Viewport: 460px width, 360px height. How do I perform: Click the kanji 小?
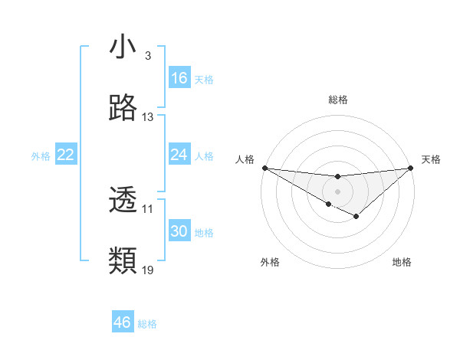(123, 47)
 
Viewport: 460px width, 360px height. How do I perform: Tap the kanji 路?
(123, 109)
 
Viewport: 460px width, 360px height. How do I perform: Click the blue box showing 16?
(179, 78)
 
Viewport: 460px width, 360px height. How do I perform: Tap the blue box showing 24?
(179, 155)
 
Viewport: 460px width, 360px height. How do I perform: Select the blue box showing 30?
(179, 231)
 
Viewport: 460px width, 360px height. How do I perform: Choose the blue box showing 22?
(66, 155)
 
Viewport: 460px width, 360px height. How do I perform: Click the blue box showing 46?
(123, 322)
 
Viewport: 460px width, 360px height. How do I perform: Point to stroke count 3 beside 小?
(147, 56)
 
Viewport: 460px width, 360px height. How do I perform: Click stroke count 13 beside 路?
(148, 117)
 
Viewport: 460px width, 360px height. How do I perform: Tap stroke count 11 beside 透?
(148, 208)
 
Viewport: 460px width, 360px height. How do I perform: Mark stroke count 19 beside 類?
(148, 270)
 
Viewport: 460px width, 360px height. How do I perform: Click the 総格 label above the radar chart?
(337, 100)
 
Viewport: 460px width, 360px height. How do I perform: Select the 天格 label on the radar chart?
(431, 159)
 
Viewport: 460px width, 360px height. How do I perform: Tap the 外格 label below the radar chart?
(270, 262)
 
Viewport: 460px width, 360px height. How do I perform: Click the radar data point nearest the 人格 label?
(264, 168)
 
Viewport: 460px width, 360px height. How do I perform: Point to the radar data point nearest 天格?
(410, 168)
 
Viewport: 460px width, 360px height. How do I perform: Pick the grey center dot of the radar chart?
(337, 191)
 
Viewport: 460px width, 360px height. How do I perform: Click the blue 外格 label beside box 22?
(41, 155)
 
